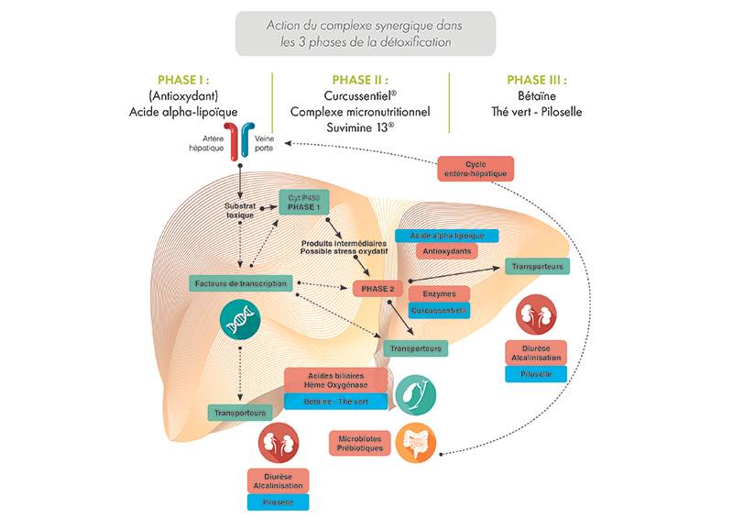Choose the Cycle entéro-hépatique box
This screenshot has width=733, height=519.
pyautogui.click(x=476, y=169)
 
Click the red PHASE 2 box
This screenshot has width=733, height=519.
pyautogui.click(x=377, y=289)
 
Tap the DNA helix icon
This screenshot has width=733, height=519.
pyautogui.click(x=239, y=318)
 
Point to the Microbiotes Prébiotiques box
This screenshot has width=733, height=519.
pyautogui.click(x=359, y=443)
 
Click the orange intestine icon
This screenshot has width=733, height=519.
pyautogui.click(x=416, y=443)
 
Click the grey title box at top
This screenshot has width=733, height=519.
pyautogui.click(x=365, y=33)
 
